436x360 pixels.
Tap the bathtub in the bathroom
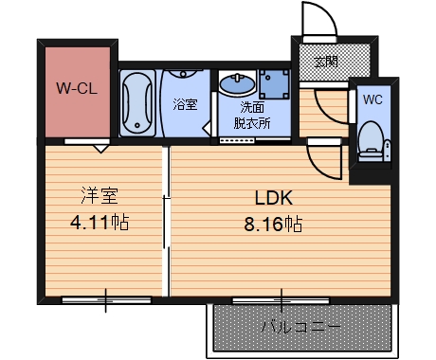[138, 102]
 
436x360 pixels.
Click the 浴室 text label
[185, 105]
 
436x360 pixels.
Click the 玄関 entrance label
[326, 63]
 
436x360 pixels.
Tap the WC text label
[372, 98]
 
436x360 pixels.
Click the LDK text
[275, 199]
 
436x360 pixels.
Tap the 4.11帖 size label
[100, 225]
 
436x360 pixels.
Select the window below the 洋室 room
[104, 301]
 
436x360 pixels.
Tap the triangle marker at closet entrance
[99, 148]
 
